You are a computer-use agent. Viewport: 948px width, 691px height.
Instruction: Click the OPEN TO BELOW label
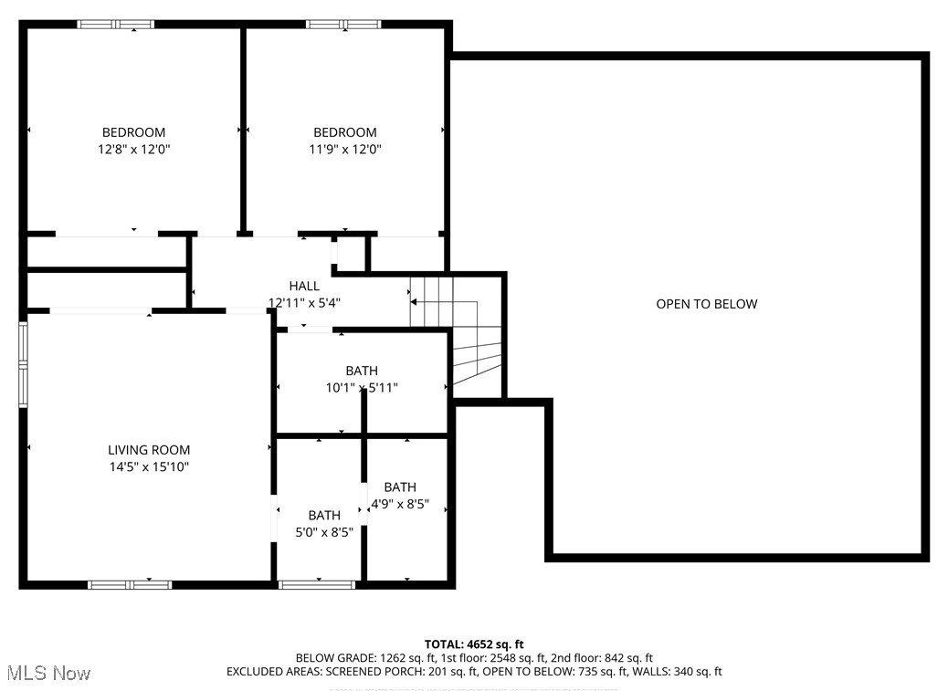tap(706, 304)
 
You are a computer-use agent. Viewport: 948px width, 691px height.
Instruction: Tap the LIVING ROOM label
tap(149, 449)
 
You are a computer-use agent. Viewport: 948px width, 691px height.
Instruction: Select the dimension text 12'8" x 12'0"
tap(133, 149)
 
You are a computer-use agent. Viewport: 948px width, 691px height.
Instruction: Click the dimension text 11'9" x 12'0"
tap(344, 149)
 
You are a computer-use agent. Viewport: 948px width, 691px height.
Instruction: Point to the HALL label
tap(304, 286)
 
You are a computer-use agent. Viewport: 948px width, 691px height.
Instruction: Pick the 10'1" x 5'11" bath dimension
tap(362, 388)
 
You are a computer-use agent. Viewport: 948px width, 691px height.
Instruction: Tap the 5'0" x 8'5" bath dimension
tap(324, 532)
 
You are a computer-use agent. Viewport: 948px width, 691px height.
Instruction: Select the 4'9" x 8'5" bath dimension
tap(399, 504)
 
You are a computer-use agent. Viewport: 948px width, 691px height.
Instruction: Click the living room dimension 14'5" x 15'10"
tap(149, 466)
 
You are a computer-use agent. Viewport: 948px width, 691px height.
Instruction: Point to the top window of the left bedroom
tap(116, 25)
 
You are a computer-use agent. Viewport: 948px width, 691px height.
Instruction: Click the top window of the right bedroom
tap(343, 25)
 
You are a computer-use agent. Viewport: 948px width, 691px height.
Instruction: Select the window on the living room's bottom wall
tap(129, 584)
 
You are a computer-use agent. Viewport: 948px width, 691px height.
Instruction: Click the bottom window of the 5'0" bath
tap(317, 584)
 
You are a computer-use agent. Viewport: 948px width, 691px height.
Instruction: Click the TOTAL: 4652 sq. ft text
tap(474, 644)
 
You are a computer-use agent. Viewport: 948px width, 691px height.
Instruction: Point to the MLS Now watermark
tap(49, 674)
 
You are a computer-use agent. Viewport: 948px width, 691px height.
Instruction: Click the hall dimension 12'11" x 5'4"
tap(304, 302)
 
